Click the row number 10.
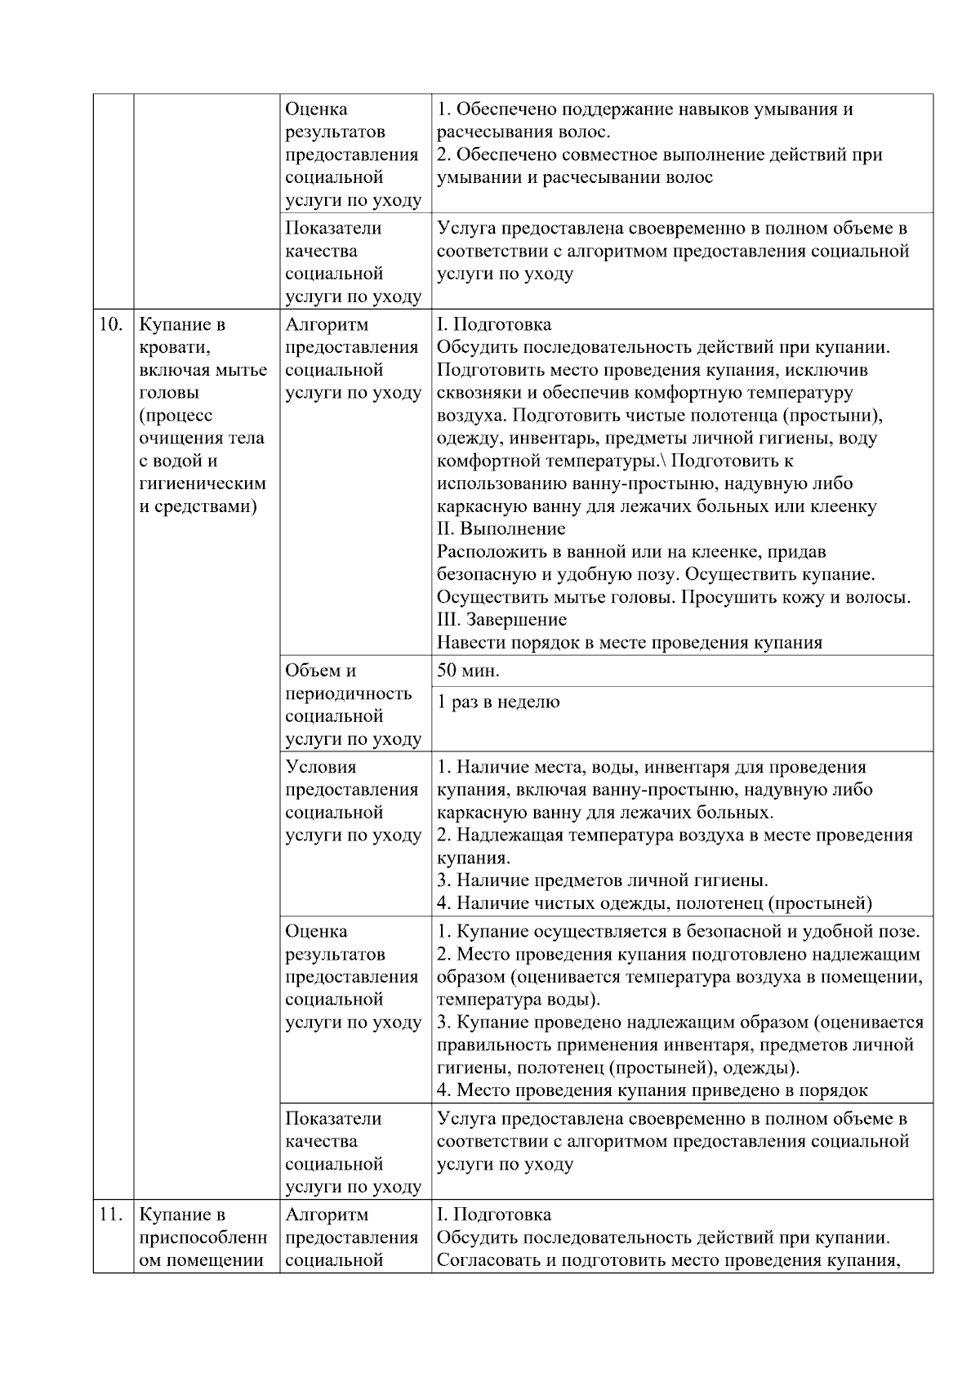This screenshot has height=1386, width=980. [x=110, y=325]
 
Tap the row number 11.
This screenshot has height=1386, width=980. [x=110, y=1214]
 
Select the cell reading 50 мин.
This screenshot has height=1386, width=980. [x=469, y=671]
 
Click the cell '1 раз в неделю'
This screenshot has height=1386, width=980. [x=498, y=702]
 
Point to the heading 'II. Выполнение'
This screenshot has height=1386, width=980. [x=501, y=529]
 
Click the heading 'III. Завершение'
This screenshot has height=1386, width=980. [x=502, y=620]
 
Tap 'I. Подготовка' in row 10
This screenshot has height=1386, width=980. [x=494, y=325]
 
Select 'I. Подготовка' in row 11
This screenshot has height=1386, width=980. [x=494, y=1214]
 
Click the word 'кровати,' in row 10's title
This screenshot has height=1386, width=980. [x=175, y=348]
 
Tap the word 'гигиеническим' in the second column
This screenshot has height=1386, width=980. [x=203, y=484]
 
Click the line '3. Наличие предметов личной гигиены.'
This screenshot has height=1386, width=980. [x=602, y=881]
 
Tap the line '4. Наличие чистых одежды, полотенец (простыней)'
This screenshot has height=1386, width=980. [x=654, y=904]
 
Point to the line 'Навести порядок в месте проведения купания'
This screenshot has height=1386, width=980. [x=630, y=643]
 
